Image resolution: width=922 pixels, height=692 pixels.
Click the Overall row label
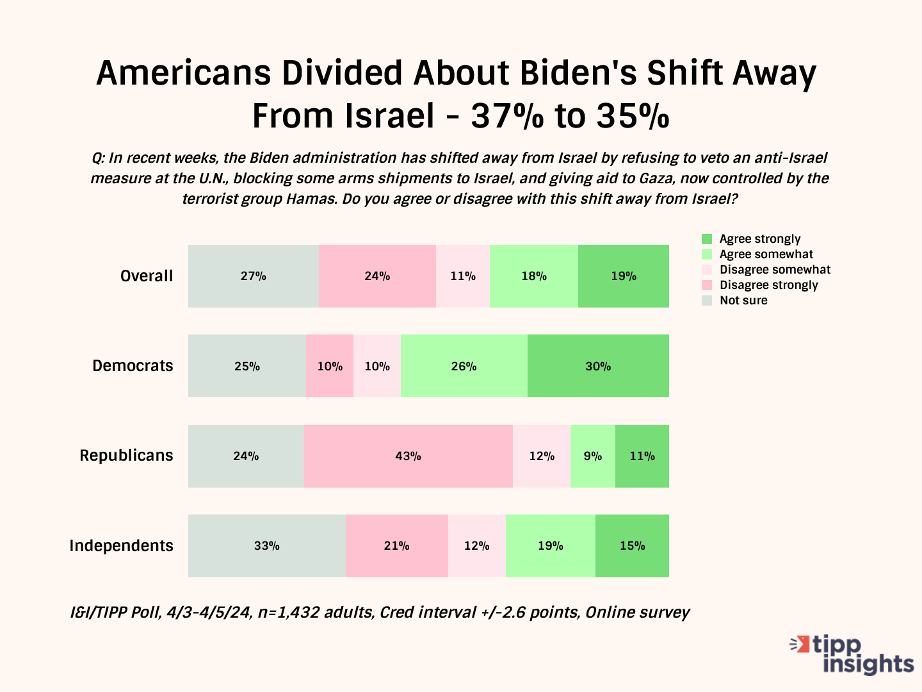[147, 276]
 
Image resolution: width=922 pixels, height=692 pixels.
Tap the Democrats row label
[133, 366]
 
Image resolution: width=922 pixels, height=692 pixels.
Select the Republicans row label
[126, 456]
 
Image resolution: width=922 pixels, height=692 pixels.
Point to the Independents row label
[121, 546]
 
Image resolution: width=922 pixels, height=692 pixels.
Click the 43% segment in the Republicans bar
[408, 456]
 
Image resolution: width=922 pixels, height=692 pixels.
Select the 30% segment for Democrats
[598, 366]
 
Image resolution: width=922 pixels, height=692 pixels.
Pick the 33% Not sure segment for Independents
[266, 546]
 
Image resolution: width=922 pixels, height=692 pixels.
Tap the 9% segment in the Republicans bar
[593, 456]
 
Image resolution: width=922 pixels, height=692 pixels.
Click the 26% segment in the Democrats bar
[464, 366]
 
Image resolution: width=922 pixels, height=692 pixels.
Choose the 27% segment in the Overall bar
[254, 276]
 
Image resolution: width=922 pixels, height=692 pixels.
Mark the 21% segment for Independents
[397, 546]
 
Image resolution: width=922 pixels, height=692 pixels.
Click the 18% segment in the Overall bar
[534, 276]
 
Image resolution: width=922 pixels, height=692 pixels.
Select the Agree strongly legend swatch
[707, 239]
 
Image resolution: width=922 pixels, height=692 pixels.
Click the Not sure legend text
[743, 301]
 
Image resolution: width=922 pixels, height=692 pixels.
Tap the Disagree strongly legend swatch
[707, 285]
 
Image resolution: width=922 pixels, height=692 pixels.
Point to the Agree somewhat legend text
[766, 254]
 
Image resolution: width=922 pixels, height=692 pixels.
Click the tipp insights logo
[852, 654]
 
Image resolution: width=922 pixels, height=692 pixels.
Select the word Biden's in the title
[578, 73]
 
